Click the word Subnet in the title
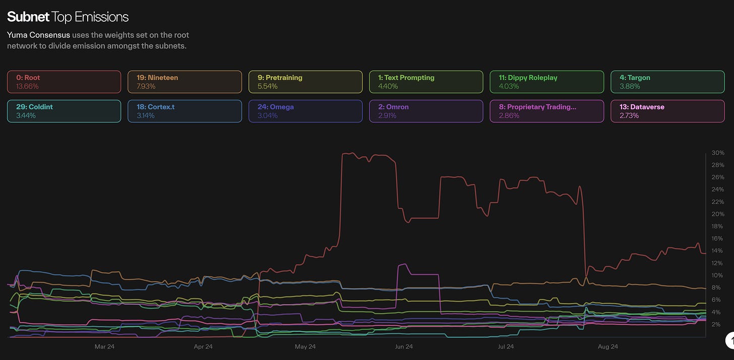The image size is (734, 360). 28,17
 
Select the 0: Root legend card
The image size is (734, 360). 64,82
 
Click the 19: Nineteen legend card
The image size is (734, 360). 185,82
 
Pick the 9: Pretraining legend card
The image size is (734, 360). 305,82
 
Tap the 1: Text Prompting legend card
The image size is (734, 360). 426,82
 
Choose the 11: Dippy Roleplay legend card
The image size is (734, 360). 546,82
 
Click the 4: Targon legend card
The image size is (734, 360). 667,82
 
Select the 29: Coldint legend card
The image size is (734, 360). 64,111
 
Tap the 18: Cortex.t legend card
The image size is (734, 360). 185,111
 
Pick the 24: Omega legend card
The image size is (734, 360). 305,111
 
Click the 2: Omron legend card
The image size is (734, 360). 426,111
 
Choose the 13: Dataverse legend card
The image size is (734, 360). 667,111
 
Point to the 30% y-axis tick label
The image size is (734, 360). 718,153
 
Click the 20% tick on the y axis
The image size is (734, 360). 718,214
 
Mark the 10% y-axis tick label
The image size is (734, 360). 718,275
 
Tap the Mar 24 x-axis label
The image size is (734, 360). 104,347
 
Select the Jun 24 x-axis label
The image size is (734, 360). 404,347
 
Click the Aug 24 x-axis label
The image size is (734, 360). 607,347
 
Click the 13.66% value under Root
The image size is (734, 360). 27,87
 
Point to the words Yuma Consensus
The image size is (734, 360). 38,35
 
